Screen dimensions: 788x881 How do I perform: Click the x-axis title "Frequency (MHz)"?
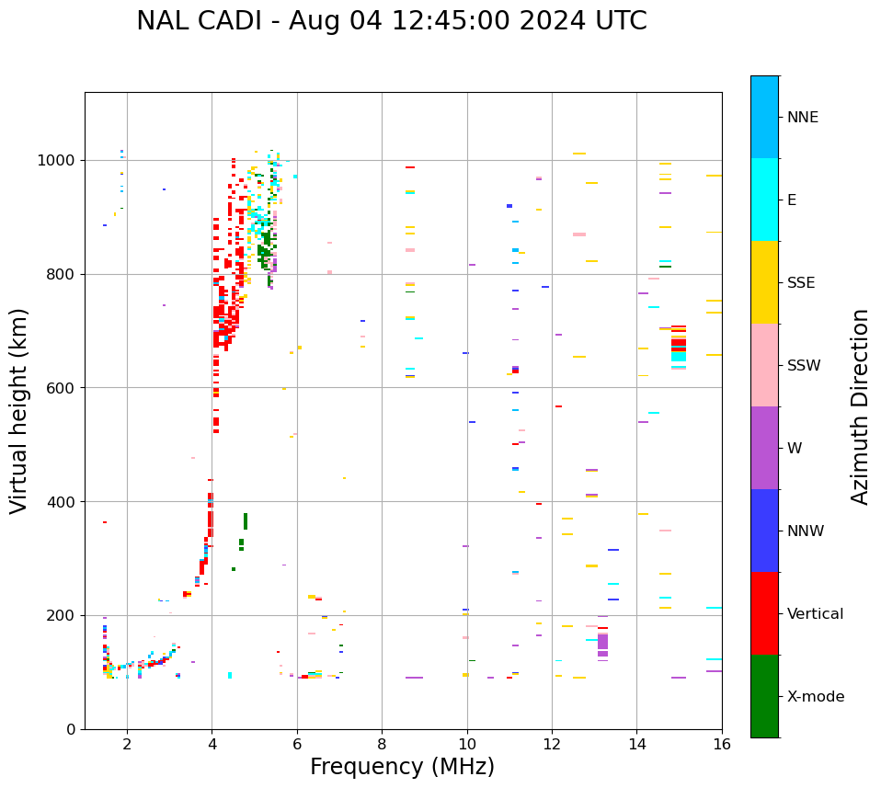402,767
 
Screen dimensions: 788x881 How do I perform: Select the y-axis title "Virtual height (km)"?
19,411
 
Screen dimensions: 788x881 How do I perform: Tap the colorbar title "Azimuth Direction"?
860,406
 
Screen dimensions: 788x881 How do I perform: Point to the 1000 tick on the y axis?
60,160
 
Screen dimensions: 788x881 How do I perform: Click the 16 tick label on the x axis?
722,743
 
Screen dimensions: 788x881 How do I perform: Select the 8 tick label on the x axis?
382,743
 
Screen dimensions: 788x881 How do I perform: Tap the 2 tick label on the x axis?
127,743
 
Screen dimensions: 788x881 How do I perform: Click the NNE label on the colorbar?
803,118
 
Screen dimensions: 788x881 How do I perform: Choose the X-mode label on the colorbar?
815,697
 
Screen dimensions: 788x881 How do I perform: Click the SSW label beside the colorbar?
804,366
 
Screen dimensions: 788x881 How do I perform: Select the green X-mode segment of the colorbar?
764,696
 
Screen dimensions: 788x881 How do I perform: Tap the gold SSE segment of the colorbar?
764,282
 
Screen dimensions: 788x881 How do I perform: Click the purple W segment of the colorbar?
764,448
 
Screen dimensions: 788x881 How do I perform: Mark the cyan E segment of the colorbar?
764,200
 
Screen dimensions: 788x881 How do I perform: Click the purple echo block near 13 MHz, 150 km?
602,643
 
